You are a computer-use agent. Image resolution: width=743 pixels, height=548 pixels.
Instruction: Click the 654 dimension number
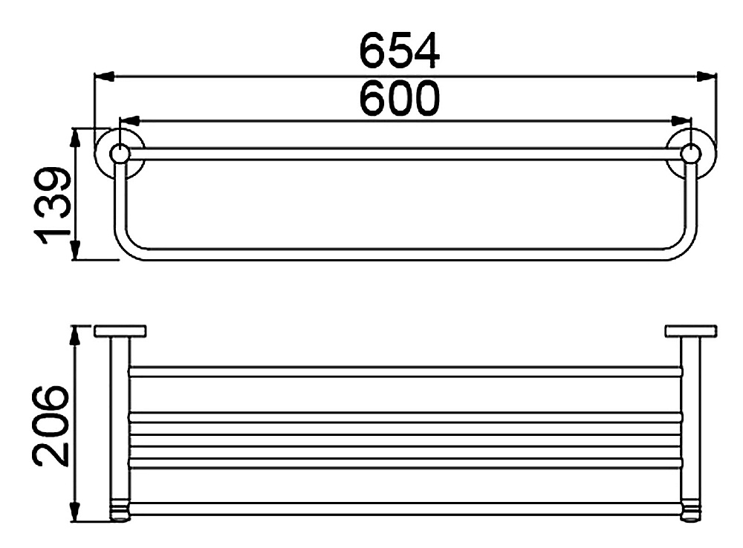tap(400, 50)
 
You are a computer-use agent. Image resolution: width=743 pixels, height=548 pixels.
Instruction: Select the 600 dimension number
tap(400, 98)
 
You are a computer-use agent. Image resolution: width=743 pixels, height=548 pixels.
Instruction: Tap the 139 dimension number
tap(53, 206)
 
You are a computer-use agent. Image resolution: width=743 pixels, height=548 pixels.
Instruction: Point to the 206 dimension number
tap(51, 425)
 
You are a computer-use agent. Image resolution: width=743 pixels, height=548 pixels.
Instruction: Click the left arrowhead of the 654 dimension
tap(105, 76)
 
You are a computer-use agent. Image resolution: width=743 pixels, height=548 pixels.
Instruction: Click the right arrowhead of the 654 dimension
tap(707, 76)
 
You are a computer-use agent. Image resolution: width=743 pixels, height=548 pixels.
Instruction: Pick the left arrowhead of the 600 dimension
tap(129, 121)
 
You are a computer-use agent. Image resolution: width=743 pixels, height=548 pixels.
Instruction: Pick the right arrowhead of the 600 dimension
tap(681, 121)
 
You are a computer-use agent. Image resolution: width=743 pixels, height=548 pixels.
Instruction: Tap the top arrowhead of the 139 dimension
tap(75, 138)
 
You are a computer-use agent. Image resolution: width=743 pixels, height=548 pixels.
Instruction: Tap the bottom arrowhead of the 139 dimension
tap(75, 249)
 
